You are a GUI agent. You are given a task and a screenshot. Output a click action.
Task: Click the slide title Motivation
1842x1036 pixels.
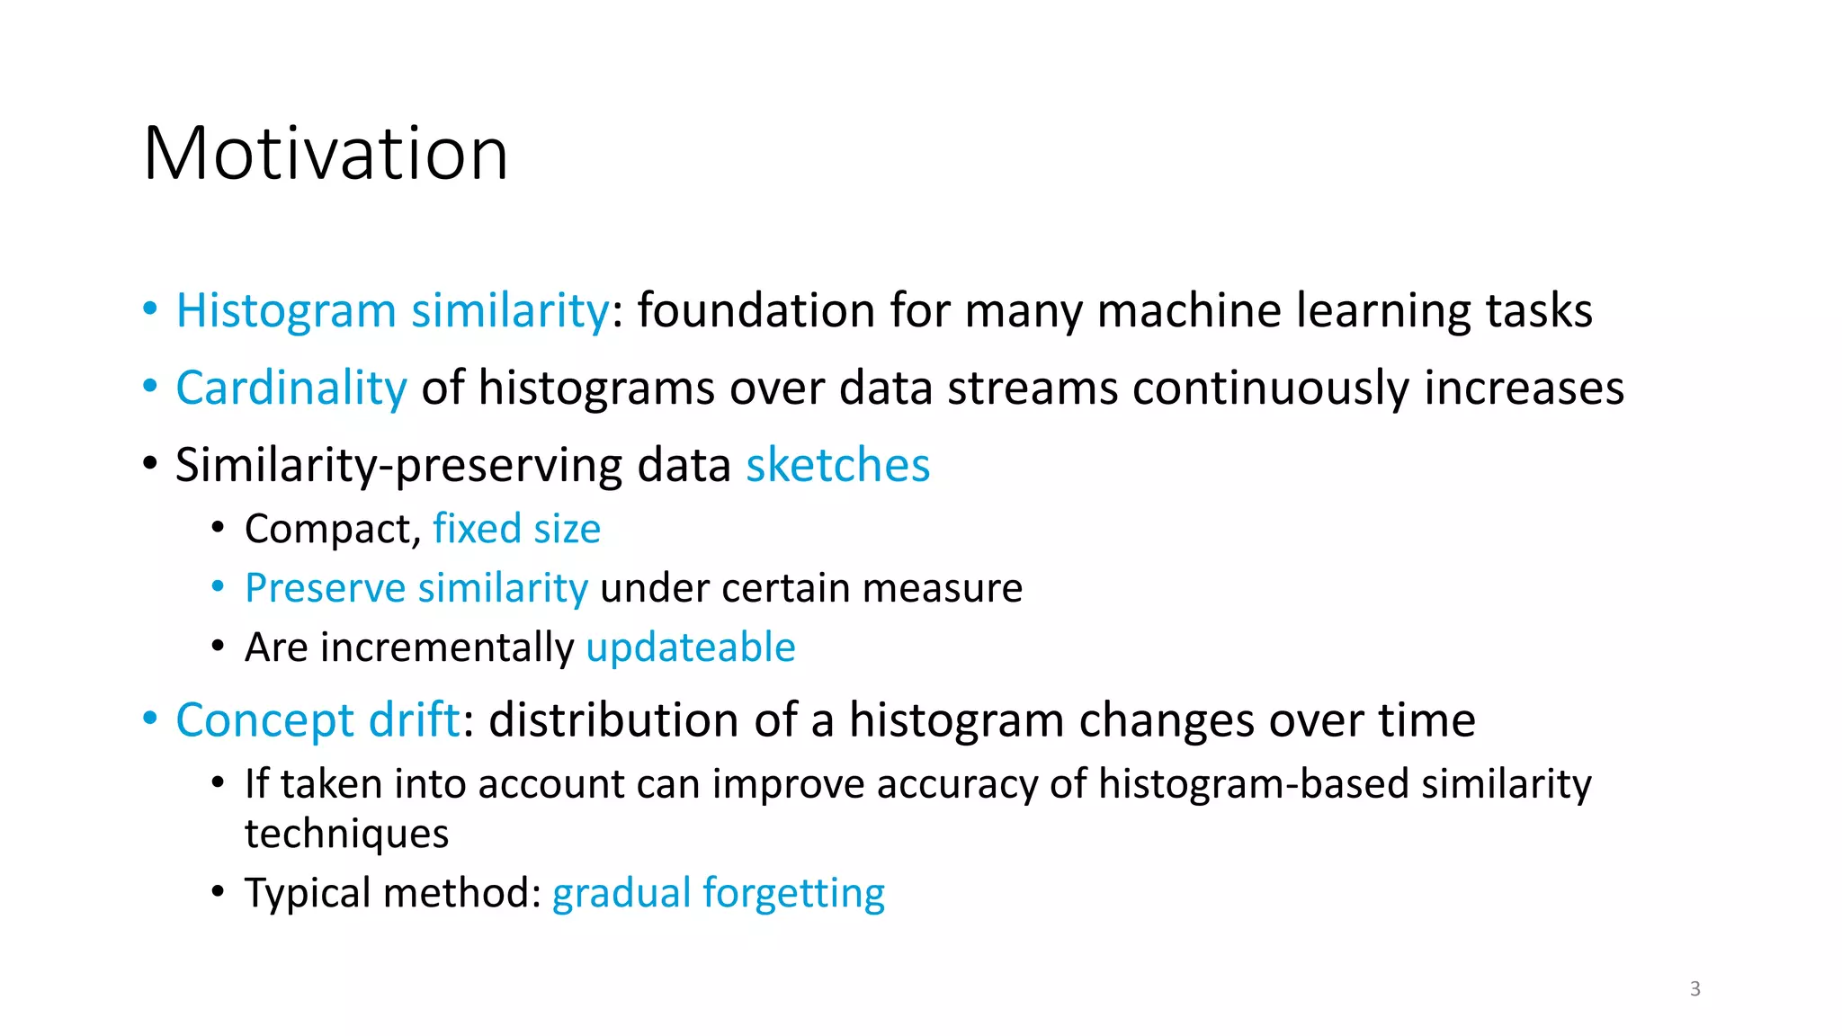(326, 154)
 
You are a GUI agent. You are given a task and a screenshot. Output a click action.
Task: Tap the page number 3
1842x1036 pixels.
(1694, 988)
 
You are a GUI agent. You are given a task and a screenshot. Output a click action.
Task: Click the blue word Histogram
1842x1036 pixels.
(285, 311)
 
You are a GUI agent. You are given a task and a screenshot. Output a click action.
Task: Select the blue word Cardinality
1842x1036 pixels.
(291, 388)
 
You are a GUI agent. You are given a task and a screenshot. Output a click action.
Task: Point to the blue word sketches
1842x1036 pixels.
(837, 466)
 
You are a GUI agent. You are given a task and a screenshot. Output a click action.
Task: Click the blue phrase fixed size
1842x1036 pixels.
(516, 529)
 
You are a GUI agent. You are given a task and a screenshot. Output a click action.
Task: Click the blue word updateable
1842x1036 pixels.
(690, 647)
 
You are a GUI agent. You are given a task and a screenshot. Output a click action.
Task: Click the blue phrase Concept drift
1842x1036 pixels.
(317, 720)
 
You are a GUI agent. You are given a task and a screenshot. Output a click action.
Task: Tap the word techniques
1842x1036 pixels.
(346, 834)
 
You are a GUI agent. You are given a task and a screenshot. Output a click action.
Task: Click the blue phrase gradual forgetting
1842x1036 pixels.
(718, 893)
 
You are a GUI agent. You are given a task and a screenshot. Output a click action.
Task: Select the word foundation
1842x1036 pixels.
(756, 311)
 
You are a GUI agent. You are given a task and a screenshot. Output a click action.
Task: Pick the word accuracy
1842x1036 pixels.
(957, 784)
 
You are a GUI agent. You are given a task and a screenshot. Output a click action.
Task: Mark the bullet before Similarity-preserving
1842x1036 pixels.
(150, 464)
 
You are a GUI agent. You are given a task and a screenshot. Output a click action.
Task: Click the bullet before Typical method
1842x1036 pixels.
(218, 892)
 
